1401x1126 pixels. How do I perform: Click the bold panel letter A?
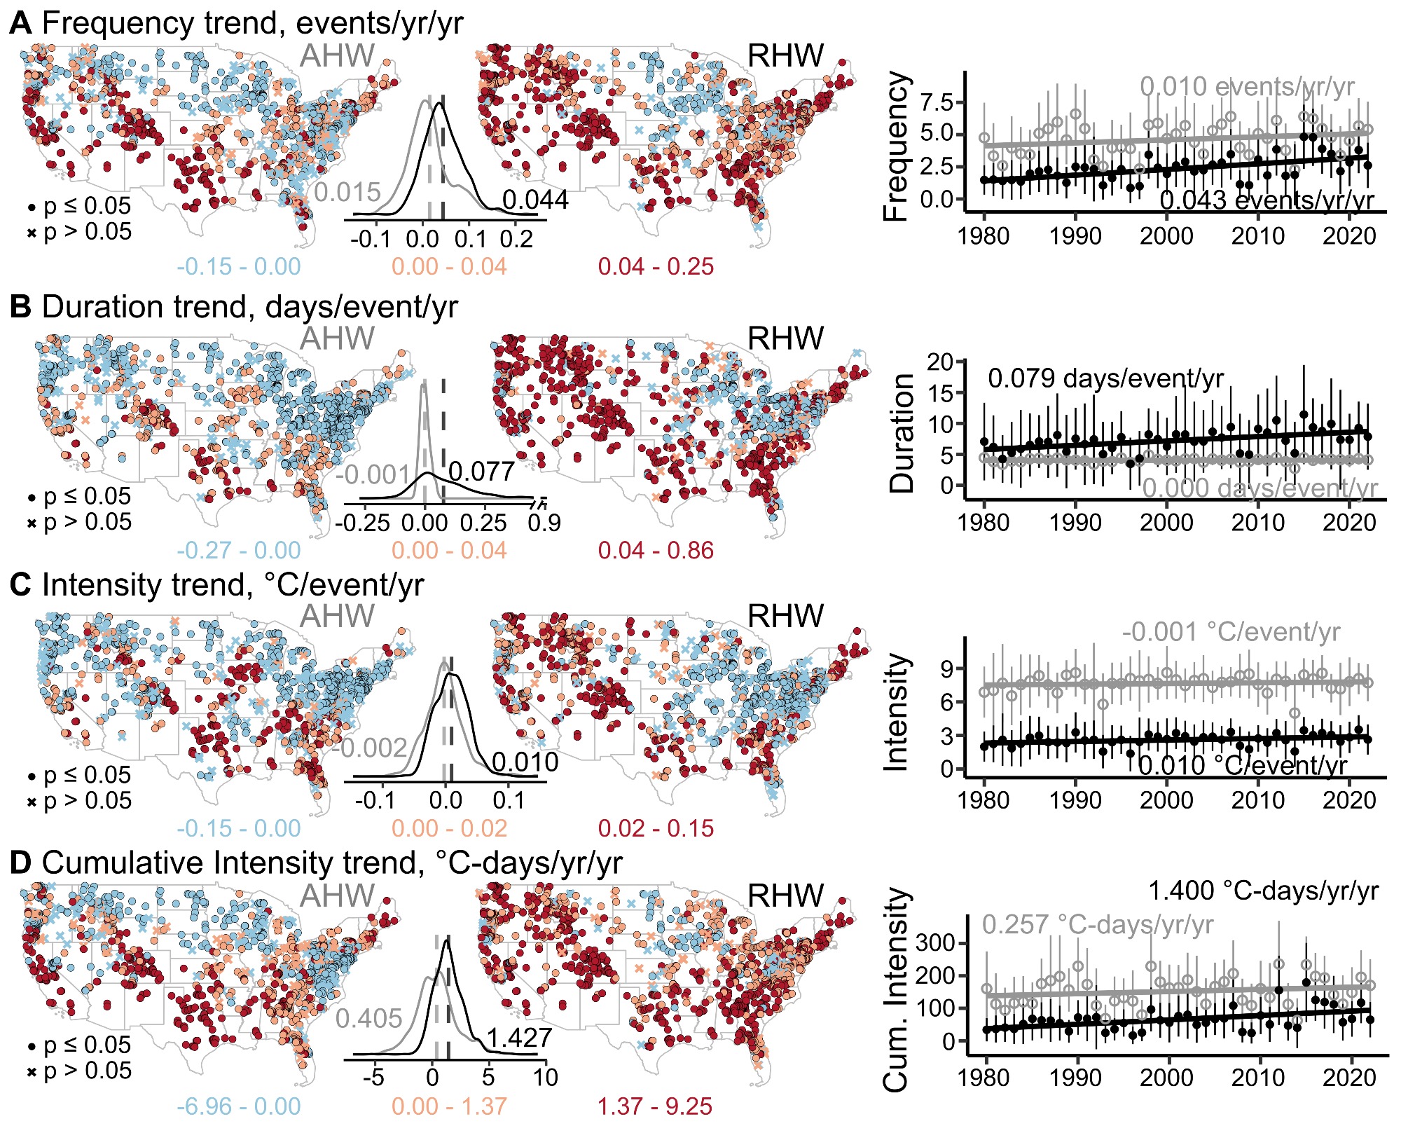point(20,23)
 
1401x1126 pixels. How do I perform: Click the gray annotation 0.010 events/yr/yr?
point(1247,87)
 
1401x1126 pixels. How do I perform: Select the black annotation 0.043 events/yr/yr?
point(1267,200)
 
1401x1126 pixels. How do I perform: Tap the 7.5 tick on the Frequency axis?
point(937,103)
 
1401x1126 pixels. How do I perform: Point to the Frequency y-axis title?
point(896,147)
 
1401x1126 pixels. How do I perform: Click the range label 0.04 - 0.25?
point(656,267)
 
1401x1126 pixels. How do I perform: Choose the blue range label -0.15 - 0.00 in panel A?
point(238,267)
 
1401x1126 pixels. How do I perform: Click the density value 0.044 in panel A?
point(535,200)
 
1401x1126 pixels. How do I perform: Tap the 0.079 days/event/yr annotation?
point(1105,379)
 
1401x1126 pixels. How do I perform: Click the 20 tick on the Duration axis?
point(940,362)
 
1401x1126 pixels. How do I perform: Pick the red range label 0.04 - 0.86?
point(656,551)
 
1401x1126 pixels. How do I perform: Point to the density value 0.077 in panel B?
point(481,472)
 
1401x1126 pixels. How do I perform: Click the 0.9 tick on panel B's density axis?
point(544,523)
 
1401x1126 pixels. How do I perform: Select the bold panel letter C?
point(20,585)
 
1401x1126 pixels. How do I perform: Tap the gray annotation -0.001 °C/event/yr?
point(1231,632)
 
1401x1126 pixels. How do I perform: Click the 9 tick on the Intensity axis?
point(947,669)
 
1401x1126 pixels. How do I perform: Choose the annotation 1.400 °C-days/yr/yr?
point(1263,891)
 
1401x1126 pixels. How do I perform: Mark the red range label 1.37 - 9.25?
point(654,1107)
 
